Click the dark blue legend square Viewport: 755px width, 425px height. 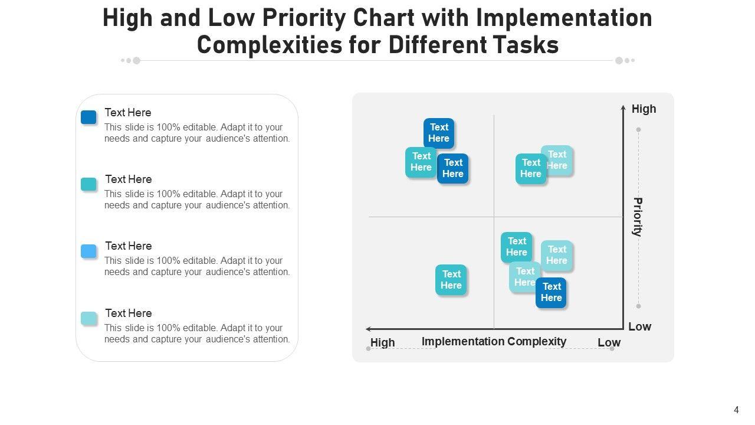(x=88, y=117)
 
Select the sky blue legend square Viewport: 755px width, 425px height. (x=88, y=251)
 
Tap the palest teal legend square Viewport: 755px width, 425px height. (x=88, y=318)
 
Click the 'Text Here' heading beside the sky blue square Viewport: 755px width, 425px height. (x=129, y=246)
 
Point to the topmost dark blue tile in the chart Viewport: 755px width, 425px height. (x=439, y=133)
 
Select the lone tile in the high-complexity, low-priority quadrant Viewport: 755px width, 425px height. (x=451, y=280)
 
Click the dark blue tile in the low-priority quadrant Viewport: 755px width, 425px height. (x=551, y=293)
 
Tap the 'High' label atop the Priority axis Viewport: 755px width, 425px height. (x=644, y=109)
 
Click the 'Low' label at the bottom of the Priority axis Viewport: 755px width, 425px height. (x=640, y=326)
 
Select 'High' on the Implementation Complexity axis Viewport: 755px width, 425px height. (x=383, y=342)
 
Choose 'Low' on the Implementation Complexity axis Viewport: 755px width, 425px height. (x=609, y=342)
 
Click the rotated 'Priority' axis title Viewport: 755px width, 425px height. (x=638, y=217)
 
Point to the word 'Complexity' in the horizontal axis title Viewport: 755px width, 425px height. (x=537, y=341)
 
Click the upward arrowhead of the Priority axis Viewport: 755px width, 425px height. (x=623, y=107)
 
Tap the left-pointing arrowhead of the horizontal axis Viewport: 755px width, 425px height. (x=369, y=329)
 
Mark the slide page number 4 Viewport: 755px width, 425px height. (x=736, y=410)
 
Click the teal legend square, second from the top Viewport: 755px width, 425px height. (x=88, y=185)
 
